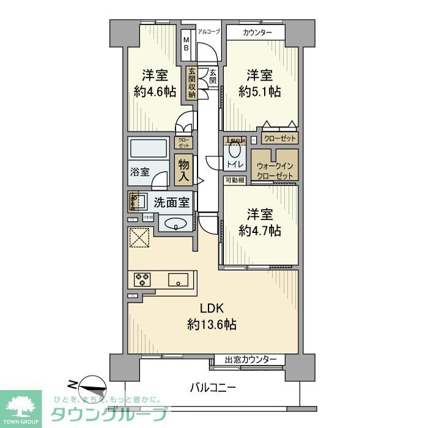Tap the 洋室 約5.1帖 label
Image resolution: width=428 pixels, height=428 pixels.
(259, 84)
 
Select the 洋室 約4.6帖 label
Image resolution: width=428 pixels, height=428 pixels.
(155, 84)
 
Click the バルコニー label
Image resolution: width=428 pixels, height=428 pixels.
(212, 386)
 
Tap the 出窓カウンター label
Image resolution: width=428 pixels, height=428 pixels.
(250, 360)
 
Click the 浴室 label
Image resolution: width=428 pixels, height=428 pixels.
(139, 172)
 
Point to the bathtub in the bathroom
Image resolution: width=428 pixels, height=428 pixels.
(148, 148)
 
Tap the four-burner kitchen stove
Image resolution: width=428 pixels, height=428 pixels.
(142, 279)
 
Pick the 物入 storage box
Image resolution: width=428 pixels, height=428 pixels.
(183, 169)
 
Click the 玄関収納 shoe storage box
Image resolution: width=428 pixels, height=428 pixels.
(192, 83)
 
